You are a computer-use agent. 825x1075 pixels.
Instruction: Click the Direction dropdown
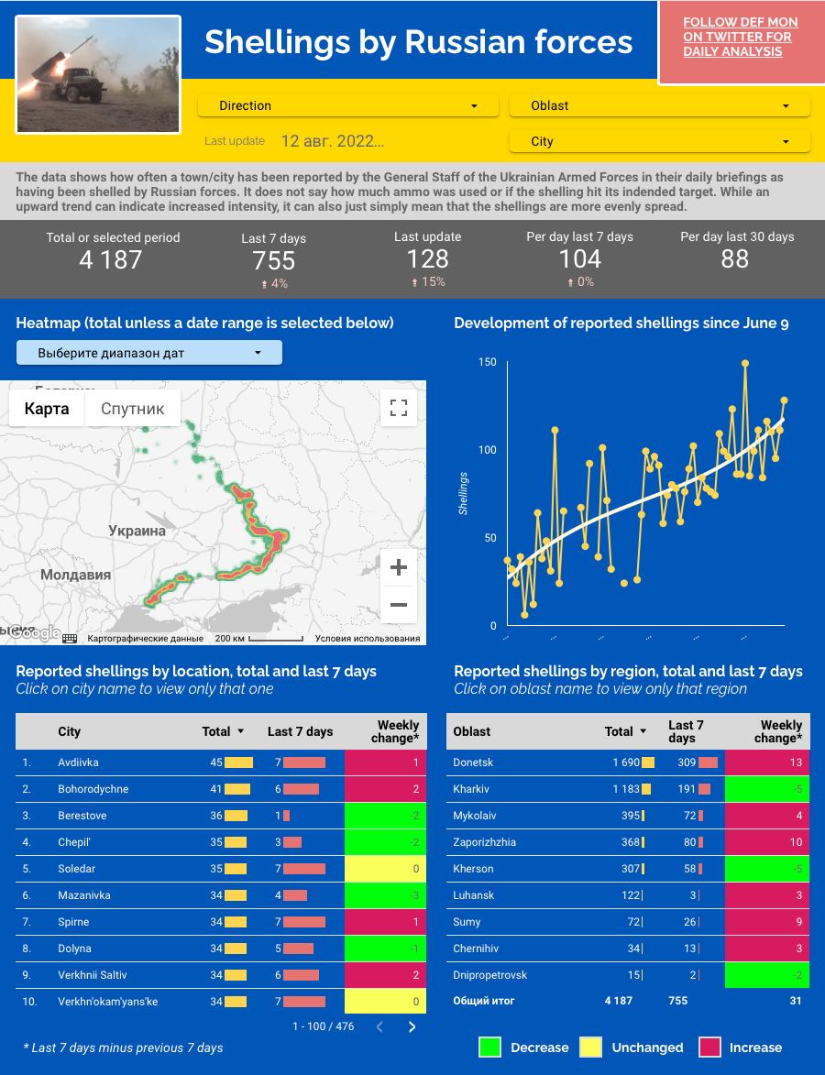pyautogui.click(x=348, y=105)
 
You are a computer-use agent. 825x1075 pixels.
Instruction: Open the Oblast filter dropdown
pyautogui.click(x=659, y=105)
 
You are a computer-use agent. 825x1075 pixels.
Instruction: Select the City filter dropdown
pyautogui.click(x=659, y=141)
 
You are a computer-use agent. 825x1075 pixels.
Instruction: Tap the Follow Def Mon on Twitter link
pyautogui.click(x=741, y=37)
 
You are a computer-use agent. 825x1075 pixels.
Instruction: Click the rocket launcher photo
pyautogui.click(x=99, y=74)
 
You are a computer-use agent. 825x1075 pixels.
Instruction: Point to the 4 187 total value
pyautogui.click(x=111, y=260)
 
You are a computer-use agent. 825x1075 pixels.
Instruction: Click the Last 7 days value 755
pyautogui.click(x=274, y=261)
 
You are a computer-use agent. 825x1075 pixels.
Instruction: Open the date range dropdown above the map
pyautogui.click(x=149, y=353)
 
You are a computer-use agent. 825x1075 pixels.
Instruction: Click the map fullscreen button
pyautogui.click(x=399, y=408)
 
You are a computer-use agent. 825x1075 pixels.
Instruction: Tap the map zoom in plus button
pyautogui.click(x=399, y=568)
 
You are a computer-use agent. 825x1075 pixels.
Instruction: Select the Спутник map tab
pyautogui.click(x=133, y=409)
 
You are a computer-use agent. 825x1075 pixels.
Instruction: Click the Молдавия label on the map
pyautogui.click(x=75, y=576)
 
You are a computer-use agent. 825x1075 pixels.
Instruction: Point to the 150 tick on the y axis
pyautogui.click(x=487, y=362)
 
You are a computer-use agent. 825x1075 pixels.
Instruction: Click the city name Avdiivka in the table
pyautogui.click(x=78, y=762)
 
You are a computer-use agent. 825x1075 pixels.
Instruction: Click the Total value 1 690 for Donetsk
pyautogui.click(x=626, y=762)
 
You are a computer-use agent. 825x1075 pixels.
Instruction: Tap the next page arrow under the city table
pyautogui.click(x=412, y=1026)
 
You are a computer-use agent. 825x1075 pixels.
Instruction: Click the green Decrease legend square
pyautogui.click(x=490, y=1048)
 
